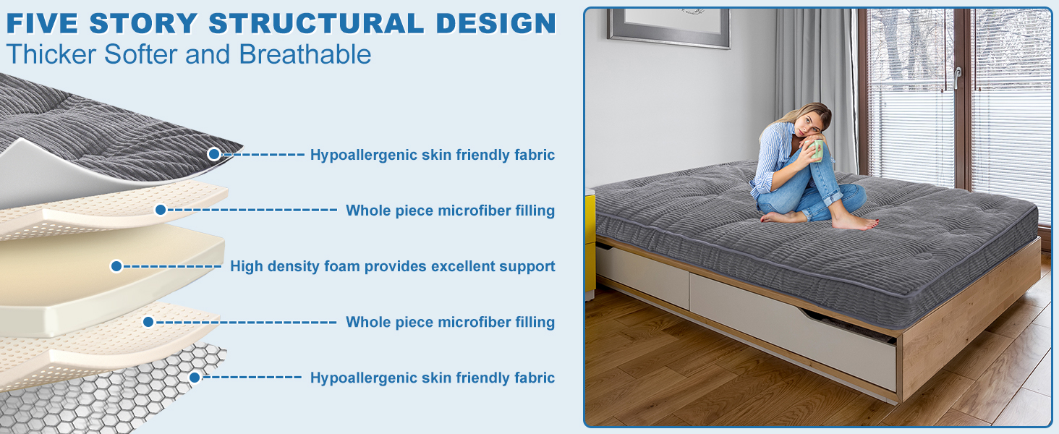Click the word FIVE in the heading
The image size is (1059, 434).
[42, 23]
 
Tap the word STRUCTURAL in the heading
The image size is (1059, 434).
[315, 23]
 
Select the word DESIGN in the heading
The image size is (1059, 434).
[496, 23]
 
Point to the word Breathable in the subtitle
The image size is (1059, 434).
[305, 54]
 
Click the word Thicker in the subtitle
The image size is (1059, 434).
[51, 54]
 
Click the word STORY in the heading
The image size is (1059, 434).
[143, 23]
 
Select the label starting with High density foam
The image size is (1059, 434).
[392, 266]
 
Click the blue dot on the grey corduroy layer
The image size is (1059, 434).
[213, 153]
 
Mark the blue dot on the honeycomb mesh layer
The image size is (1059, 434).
[195, 378]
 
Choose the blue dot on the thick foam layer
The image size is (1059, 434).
[116, 266]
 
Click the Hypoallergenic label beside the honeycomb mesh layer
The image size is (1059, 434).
[432, 378]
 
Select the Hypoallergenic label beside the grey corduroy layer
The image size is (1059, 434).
[432, 155]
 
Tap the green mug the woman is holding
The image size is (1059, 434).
[815, 150]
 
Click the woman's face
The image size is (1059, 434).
[812, 125]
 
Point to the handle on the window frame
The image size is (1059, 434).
[957, 78]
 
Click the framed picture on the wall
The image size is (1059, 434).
[669, 27]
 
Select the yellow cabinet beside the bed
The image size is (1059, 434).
[590, 243]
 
